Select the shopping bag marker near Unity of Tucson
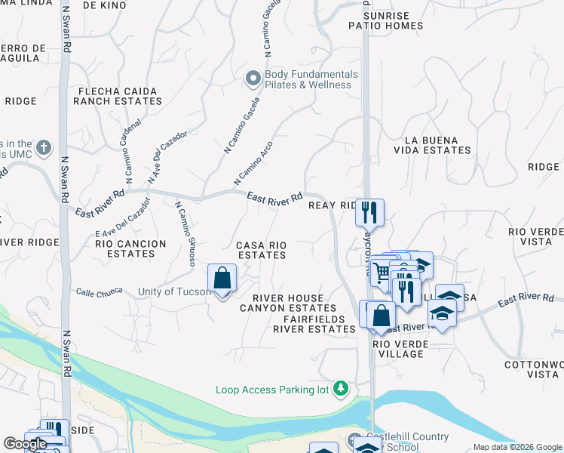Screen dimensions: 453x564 tap(222, 279)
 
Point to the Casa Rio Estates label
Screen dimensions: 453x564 tap(262, 250)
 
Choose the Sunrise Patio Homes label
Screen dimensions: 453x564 tap(386, 20)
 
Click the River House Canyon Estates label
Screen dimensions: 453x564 tap(288, 303)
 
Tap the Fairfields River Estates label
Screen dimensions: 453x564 tap(314, 324)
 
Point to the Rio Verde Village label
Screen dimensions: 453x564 tap(401, 349)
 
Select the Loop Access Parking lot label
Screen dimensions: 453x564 tap(274, 390)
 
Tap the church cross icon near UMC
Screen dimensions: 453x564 tap(44, 146)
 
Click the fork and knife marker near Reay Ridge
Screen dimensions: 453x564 tap(369, 213)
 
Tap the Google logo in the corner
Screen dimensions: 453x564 tap(25, 444)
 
